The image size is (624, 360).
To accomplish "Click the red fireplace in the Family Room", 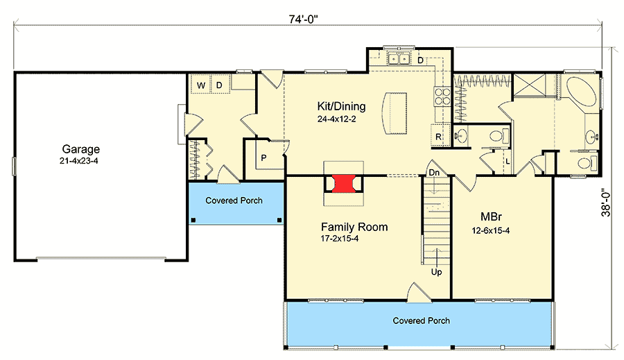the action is (x=343, y=184).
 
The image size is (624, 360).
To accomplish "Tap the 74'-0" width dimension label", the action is (x=304, y=19).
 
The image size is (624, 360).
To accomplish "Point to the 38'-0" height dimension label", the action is (x=605, y=202).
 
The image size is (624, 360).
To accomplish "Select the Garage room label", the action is (x=81, y=149).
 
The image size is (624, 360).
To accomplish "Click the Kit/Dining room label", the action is (x=341, y=106).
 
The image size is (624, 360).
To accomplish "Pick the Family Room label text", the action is (x=354, y=227).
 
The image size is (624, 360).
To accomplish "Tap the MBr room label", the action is (x=491, y=216).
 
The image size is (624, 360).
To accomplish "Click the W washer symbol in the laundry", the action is (x=201, y=85).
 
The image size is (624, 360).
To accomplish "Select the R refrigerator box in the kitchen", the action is (x=439, y=135).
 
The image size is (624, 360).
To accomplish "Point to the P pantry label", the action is (x=263, y=157).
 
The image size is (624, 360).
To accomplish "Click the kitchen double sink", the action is (x=399, y=58).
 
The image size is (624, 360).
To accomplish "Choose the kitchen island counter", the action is (x=395, y=114).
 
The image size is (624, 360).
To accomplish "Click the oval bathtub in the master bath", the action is (x=581, y=91).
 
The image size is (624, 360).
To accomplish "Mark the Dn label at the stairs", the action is (x=434, y=173).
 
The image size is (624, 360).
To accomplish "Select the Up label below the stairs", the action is (x=437, y=272).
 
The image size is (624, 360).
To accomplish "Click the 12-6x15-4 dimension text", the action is (x=491, y=230).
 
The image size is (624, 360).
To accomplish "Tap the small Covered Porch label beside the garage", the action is (x=234, y=200).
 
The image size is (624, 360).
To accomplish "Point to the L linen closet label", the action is (x=508, y=162).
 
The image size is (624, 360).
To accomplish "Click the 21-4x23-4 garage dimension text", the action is (x=79, y=161).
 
